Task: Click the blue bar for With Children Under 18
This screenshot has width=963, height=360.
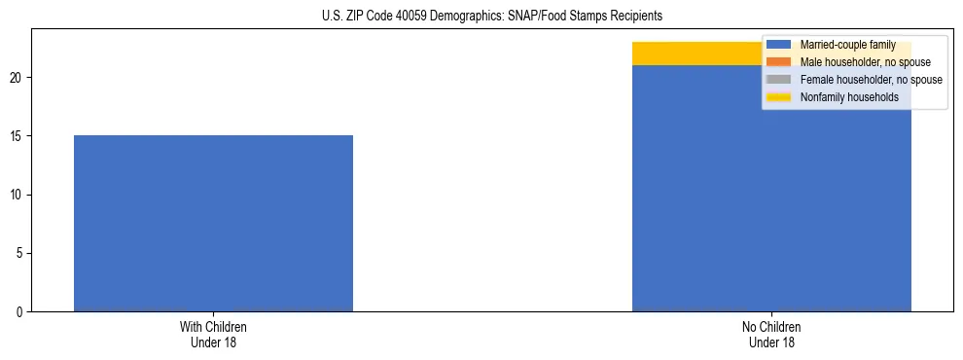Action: coord(213,223)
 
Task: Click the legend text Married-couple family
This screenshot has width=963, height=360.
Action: coord(847,45)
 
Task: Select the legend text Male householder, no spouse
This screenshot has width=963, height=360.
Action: coord(865,62)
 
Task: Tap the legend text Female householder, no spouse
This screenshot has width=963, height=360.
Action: coord(871,80)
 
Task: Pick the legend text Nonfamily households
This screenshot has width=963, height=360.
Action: coord(849,97)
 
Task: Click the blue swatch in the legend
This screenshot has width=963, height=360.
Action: coord(779,45)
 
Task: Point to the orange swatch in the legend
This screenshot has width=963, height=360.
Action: coord(779,62)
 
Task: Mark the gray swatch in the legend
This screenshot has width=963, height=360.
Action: coord(779,80)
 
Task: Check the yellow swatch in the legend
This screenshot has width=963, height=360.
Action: coord(779,97)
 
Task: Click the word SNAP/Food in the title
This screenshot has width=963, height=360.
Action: coord(536,16)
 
